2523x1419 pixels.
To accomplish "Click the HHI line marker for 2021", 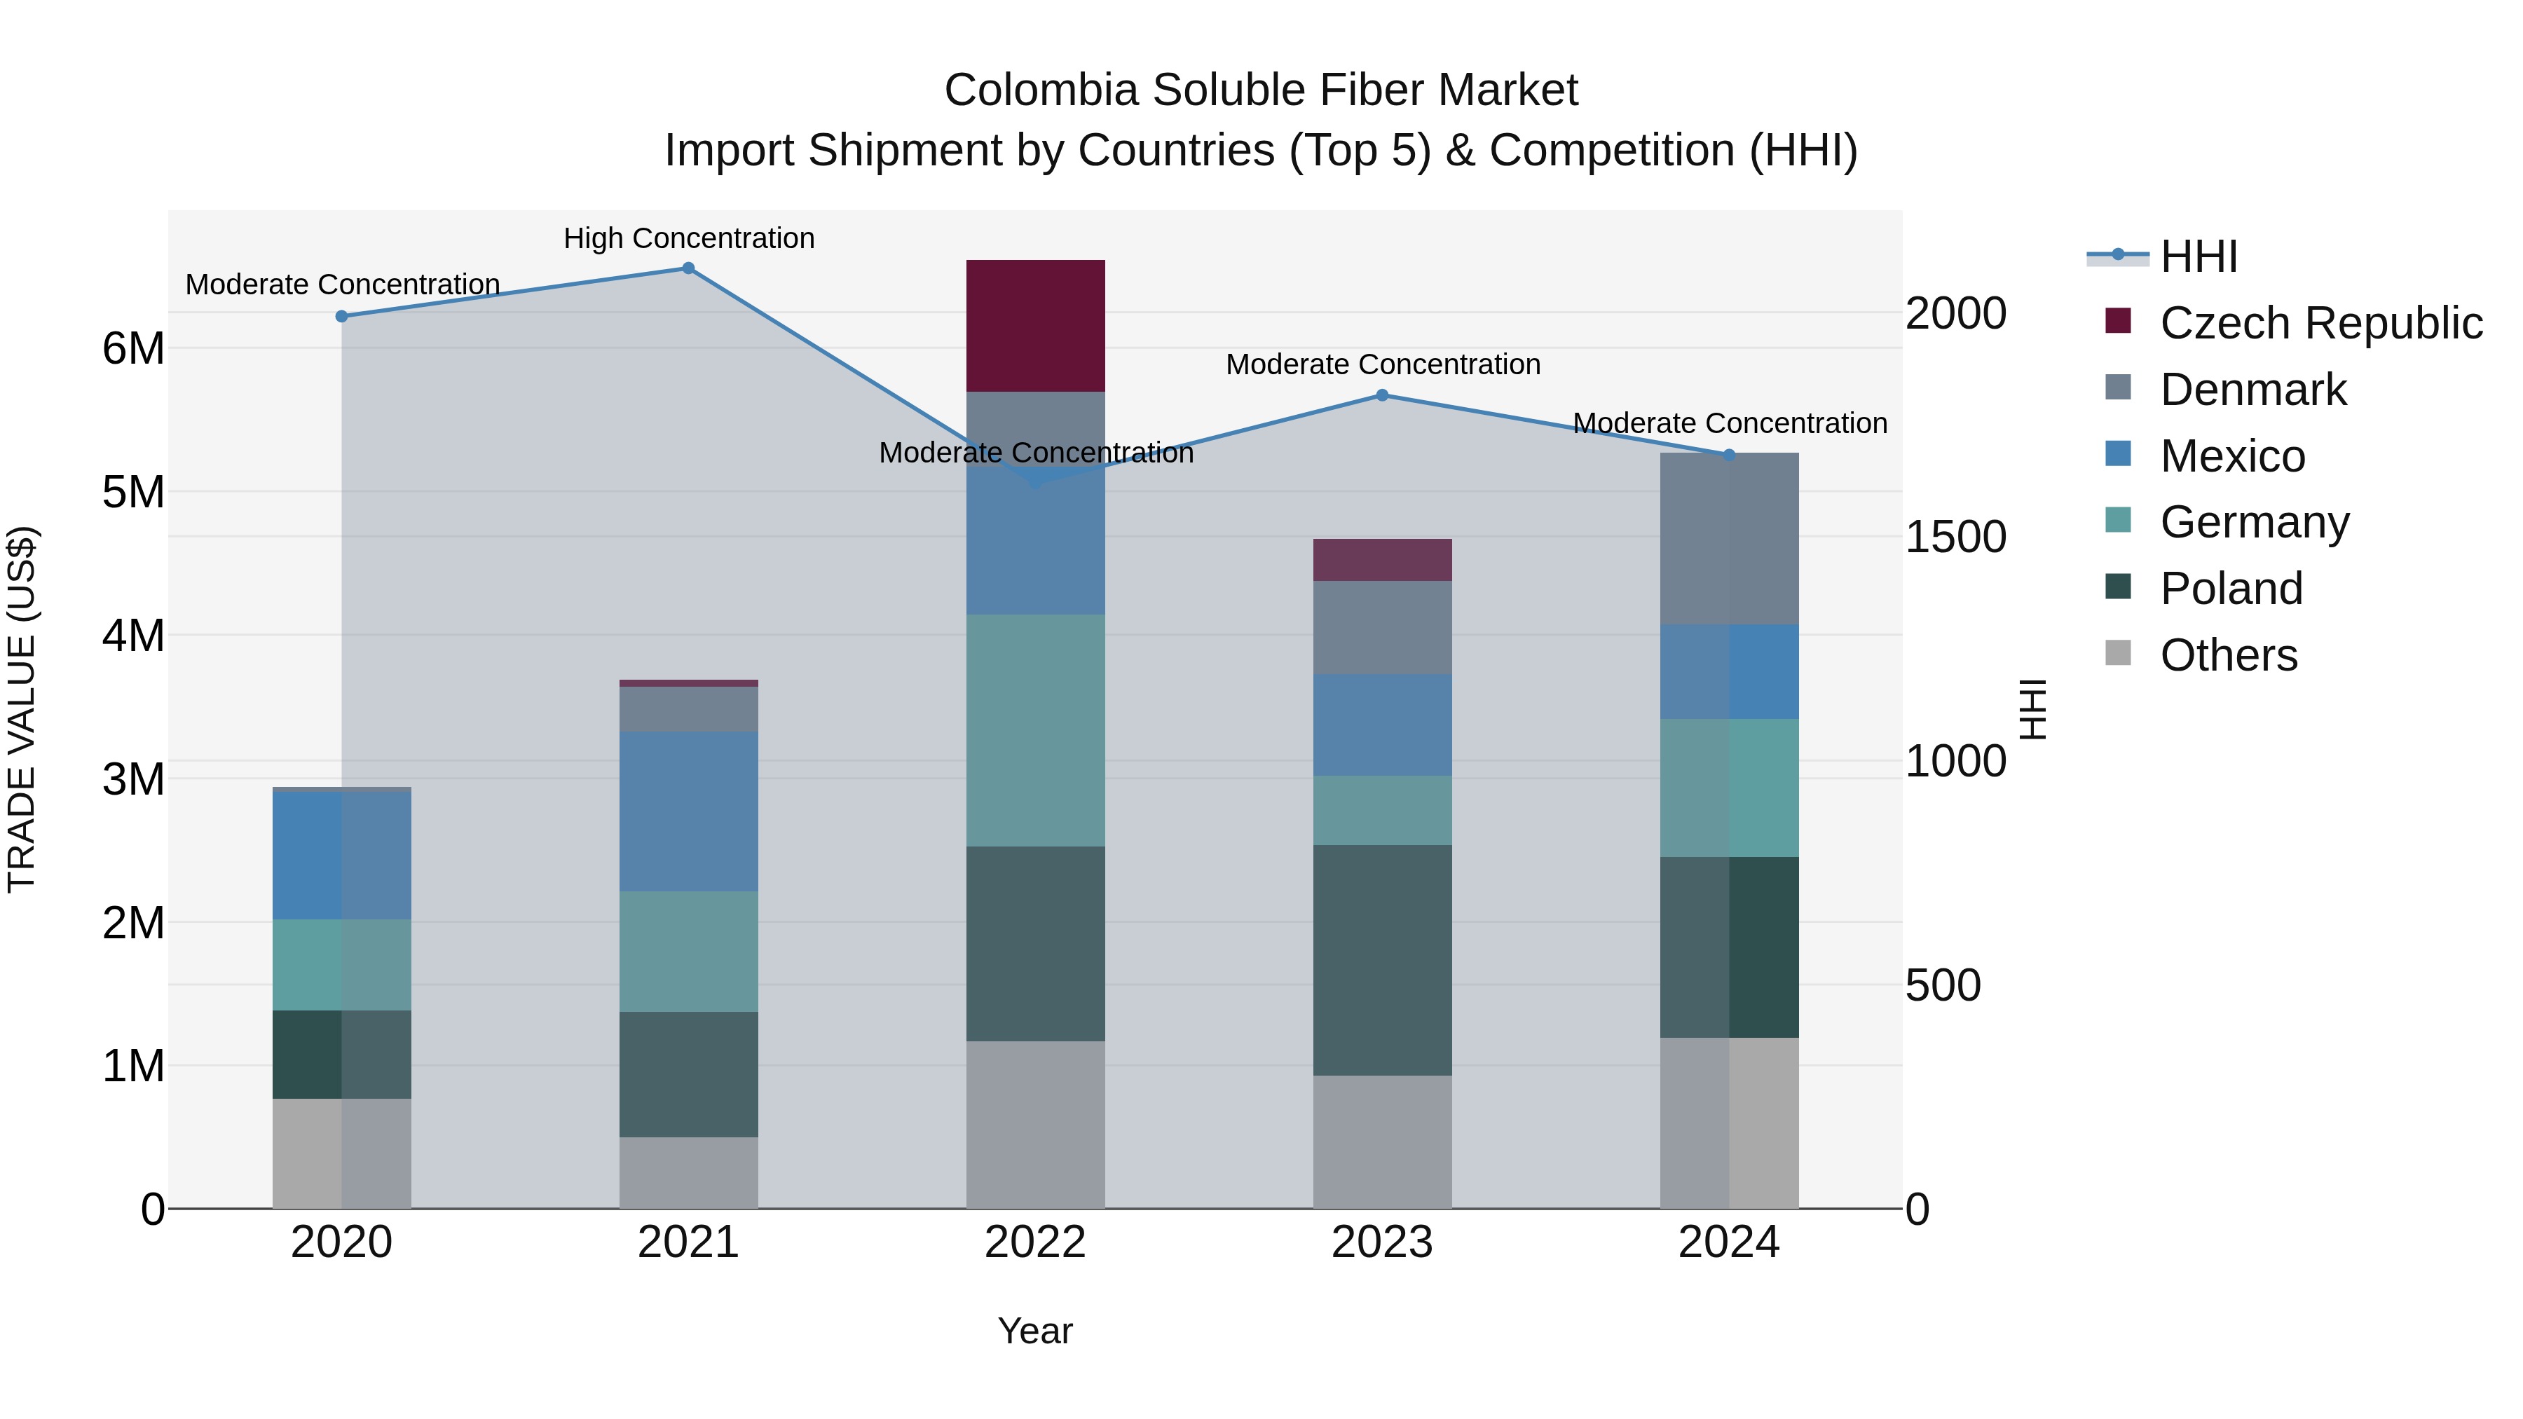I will coord(688,268).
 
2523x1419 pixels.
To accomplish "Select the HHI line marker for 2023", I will coord(1382,396).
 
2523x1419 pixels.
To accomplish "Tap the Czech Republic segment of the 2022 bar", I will coord(1035,325).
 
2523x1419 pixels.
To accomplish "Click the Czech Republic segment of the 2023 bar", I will coord(1382,559).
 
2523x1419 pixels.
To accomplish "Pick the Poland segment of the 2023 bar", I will coord(1382,960).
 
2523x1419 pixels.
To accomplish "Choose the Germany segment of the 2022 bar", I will coord(1035,731).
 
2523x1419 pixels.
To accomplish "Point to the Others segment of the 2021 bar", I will coord(688,1172).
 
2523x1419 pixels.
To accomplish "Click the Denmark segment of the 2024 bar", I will coord(1729,539).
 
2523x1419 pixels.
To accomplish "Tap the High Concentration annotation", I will coord(688,238).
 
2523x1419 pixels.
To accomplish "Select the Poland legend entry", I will coord(2231,589).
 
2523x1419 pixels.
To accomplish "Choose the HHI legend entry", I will coord(2199,256).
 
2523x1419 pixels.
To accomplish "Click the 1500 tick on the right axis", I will coord(1955,537).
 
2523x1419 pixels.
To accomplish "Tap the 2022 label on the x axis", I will coord(1035,1242).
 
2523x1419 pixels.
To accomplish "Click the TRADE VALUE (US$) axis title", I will coord(22,709).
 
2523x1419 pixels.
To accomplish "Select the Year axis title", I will coord(1035,1331).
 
